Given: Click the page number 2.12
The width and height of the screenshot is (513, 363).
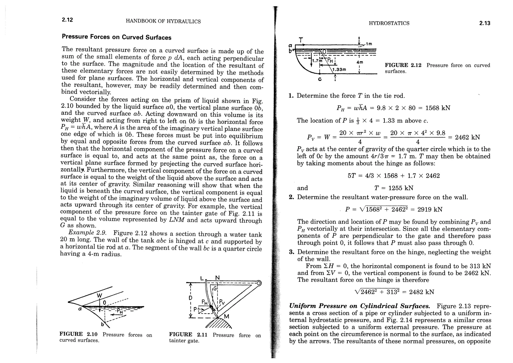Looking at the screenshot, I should tap(67, 20).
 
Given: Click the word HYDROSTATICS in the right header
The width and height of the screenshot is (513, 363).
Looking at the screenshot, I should tap(389, 23).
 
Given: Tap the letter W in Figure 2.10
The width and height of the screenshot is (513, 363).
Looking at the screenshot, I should tap(99, 296).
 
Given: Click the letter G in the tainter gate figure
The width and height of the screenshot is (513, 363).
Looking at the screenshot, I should tap(215, 289).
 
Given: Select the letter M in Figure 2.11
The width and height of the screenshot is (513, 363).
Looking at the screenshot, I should tap(226, 317).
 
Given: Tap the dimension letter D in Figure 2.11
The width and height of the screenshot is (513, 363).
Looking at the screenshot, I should tap(190, 298).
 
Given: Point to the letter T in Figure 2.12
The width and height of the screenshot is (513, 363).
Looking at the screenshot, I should tap(301, 40).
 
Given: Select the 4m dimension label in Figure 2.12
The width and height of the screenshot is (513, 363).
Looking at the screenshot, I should tap(360, 62).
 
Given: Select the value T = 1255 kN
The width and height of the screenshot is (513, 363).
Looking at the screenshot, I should tap(392, 188).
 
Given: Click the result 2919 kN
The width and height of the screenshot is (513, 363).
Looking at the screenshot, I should tap(430, 209).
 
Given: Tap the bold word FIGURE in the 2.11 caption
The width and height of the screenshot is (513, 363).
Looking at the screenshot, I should tap(180, 335).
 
